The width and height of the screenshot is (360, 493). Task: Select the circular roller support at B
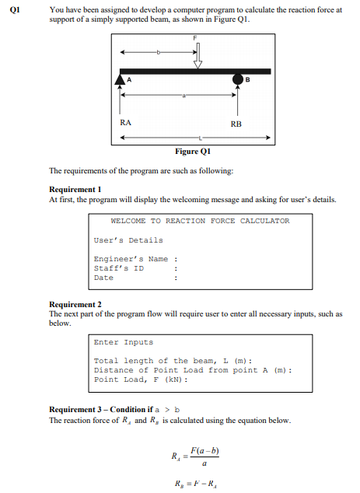pos(237,79)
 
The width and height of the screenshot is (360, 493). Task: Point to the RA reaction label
pos(126,123)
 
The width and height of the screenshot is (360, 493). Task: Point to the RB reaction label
pos(236,124)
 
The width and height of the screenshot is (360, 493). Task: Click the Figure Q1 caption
pos(194,151)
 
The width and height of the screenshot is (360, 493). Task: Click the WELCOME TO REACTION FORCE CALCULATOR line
pos(200,221)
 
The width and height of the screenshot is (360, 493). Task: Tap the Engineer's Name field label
pos(131,259)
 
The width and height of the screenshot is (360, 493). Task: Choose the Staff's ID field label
pos(118,268)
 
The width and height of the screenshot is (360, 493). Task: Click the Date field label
pos(103,278)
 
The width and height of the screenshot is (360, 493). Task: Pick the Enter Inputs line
pos(123,342)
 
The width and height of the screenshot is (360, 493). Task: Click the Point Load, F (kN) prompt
pos(141,379)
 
